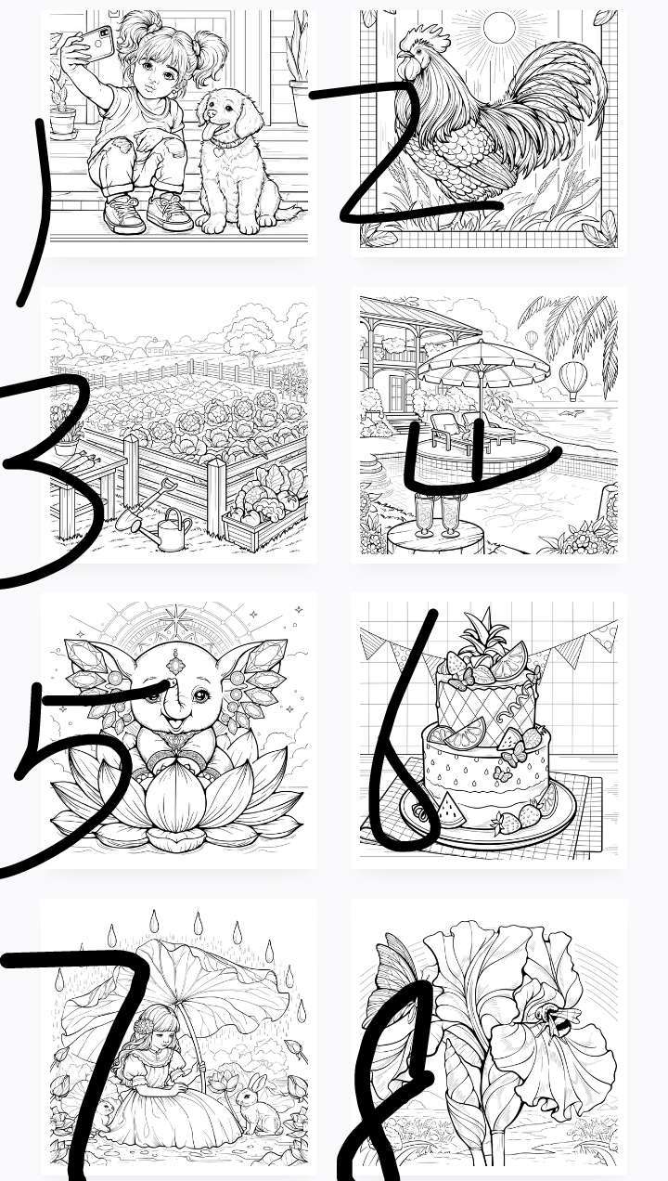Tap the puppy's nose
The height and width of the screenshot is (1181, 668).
[212, 113]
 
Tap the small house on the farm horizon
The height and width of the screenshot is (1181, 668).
[159, 347]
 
